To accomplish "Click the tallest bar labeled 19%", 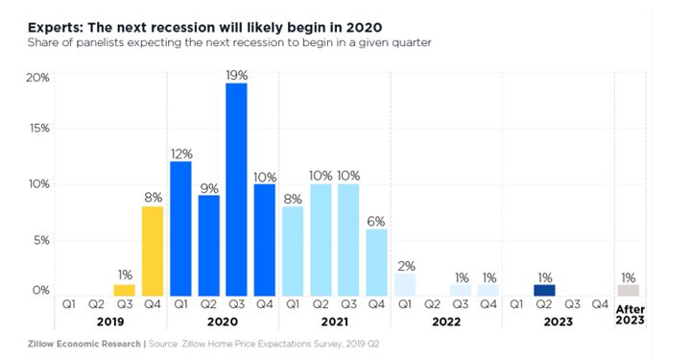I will click(x=236, y=189).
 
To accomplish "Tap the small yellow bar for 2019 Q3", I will click(x=125, y=290).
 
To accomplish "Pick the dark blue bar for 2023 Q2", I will click(x=544, y=290).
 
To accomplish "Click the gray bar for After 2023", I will click(x=628, y=290).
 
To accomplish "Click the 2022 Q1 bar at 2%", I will click(x=404, y=284).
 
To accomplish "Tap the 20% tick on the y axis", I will click(x=36, y=78).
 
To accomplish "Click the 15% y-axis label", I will click(x=36, y=129).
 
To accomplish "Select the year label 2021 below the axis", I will click(x=334, y=323).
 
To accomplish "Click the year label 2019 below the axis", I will click(x=110, y=323).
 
